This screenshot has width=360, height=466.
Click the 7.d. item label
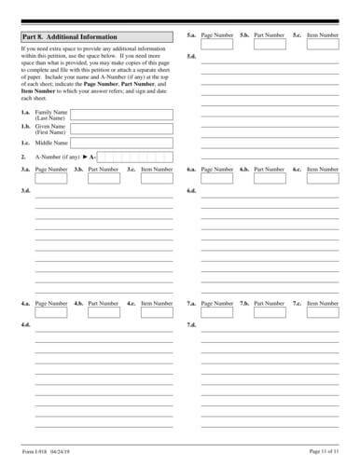pyautogui.click(x=191, y=324)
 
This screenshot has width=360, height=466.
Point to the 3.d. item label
pyautogui.click(x=26, y=190)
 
